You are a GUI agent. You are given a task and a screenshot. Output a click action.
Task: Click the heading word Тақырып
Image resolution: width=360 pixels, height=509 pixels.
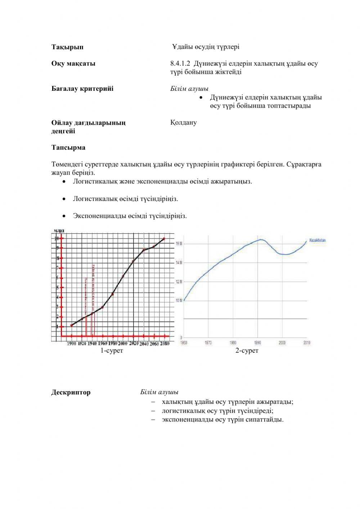[x=67, y=47]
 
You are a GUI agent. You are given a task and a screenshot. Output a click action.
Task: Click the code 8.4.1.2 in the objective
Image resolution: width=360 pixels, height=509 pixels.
[x=181, y=64]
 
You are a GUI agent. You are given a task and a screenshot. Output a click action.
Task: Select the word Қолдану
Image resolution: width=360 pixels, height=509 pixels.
[x=184, y=122]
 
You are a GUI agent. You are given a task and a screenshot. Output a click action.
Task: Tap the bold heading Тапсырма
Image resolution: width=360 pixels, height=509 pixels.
[x=68, y=148]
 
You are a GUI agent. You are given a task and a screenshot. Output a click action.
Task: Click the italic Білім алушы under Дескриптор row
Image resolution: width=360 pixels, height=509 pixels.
[x=159, y=392]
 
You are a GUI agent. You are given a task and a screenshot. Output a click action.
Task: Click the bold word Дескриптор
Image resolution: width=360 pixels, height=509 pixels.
[x=71, y=392]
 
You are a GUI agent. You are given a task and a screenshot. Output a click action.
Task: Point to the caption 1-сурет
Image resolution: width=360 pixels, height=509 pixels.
[x=112, y=351]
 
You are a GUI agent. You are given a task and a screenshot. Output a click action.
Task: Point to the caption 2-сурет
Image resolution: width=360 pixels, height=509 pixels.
[x=247, y=351]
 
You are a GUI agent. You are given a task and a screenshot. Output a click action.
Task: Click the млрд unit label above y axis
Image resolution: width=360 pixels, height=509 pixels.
[x=59, y=231]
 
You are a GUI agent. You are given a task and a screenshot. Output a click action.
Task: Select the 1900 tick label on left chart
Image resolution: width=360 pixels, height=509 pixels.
[x=72, y=344]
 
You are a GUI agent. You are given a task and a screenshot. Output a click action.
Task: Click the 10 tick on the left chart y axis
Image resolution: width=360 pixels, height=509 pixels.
[x=56, y=238]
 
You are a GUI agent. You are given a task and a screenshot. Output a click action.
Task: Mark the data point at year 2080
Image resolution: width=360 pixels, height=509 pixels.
[x=164, y=239]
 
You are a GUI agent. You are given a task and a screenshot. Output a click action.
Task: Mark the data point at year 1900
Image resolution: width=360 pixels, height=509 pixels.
[x=72, y=325]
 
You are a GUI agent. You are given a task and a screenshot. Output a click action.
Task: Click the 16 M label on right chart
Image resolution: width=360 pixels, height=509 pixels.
[x=179, y=244]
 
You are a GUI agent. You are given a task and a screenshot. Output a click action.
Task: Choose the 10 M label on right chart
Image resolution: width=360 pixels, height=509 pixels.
[x=179, y=300]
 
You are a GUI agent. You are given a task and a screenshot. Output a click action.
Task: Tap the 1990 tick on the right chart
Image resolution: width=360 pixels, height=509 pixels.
[x=257, y=343]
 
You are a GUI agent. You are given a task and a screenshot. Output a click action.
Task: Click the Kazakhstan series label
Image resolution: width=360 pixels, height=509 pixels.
[x=317, y=240]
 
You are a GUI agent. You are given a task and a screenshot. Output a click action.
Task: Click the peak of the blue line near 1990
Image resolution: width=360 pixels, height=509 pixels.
[x=260, y=240]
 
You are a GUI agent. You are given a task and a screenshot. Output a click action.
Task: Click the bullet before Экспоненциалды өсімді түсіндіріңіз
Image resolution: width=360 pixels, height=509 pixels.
[x=64, y=216]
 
